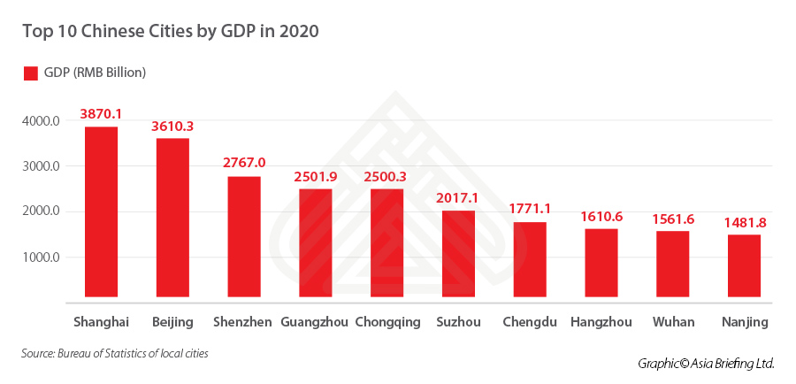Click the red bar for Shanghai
point(101,212)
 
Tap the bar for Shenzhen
point(244,237)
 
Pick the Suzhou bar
point(458,254)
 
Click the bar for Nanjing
point(744,265)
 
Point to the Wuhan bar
point(672,264)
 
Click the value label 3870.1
point(101,114)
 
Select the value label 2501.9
point(316,176)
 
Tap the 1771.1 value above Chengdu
point(530,209)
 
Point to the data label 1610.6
point(601,216)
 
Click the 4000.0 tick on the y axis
point(42,120)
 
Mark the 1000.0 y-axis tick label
point(42,257)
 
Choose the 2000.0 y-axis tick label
point(42,211)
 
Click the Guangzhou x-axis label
point(314,322)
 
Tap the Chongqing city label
point(387,322)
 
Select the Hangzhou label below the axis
point(601,322)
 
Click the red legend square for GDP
point(30,73)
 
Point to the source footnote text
point(115,354)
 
